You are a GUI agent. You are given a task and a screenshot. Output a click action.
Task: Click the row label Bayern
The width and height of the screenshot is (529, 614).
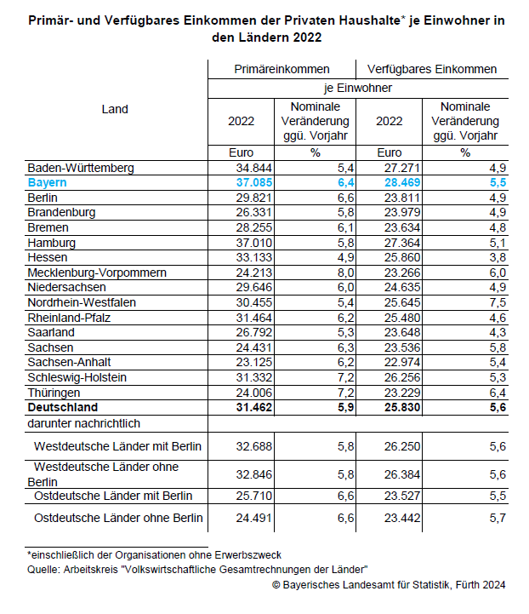pos(47,183)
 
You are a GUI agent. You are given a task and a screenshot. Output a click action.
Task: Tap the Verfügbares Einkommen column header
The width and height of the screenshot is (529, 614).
pos(432,70)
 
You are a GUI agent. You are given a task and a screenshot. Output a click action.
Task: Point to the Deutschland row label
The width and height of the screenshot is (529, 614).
pos(63,407)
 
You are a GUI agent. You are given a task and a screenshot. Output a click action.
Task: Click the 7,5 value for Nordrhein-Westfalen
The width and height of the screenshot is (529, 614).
pos(497,302)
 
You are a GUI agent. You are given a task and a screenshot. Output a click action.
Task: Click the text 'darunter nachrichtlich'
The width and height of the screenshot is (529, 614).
pos(83,422)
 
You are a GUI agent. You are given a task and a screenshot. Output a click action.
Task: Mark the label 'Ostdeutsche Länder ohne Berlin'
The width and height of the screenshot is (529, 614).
pos(117,518)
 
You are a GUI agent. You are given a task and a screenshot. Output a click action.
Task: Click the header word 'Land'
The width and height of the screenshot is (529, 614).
pos(115,109)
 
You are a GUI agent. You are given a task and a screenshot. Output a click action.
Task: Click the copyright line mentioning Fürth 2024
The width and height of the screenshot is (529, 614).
pos(389,584)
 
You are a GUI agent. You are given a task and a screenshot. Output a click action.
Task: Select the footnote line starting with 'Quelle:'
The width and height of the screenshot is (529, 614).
pos(197,569)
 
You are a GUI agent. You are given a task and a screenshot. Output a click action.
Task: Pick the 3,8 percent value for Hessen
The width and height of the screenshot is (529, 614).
pos(497,257)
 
